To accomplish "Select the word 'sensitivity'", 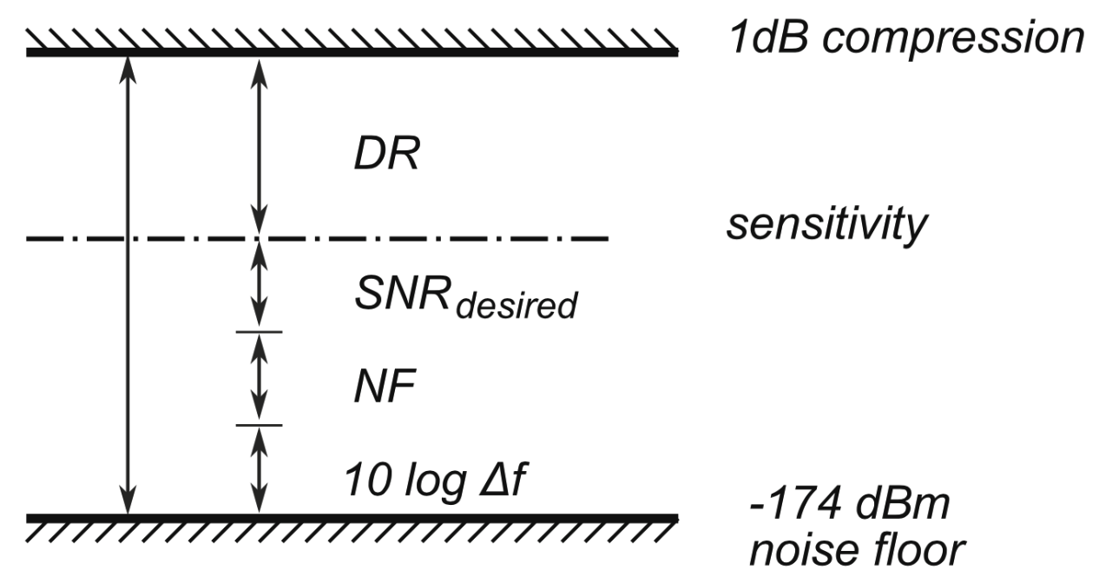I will coord(826,228).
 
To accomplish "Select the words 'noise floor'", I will coord(855,551).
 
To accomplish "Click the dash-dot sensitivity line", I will coord(434,237).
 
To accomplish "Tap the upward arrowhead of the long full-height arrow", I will coord(128,70).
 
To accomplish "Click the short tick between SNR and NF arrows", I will coord(259,332).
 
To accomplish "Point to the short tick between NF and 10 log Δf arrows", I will coord(259,425).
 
